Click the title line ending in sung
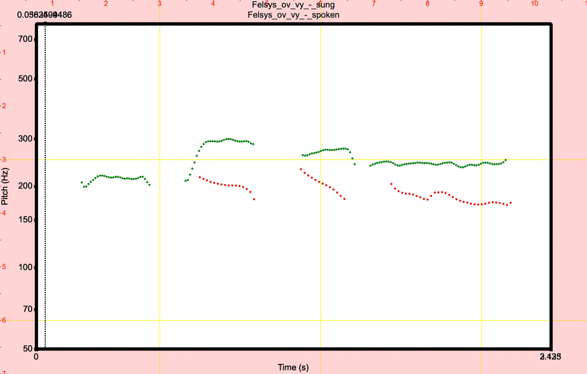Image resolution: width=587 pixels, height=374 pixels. [x=293, y=5]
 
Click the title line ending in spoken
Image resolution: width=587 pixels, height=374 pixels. [x=293, y=15]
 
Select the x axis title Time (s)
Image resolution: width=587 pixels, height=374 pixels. [x=293, y=367]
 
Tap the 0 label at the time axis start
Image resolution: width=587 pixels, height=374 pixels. [x=36, y=357]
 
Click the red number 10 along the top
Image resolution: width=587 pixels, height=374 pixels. [x=535, y=4]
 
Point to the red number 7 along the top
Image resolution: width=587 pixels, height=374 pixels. [x=374, y=4]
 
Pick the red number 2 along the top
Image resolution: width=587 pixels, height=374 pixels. [x=106, y=4]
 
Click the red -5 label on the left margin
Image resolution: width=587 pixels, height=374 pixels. [x=3, y=267]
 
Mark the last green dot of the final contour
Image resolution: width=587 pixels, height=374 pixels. [x=506, y=160]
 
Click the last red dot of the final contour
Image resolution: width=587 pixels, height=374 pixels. [x=510, y=203]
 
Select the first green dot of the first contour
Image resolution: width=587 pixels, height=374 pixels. [x=81, y=182]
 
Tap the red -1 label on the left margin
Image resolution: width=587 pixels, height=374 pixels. [x=3, y=52]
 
